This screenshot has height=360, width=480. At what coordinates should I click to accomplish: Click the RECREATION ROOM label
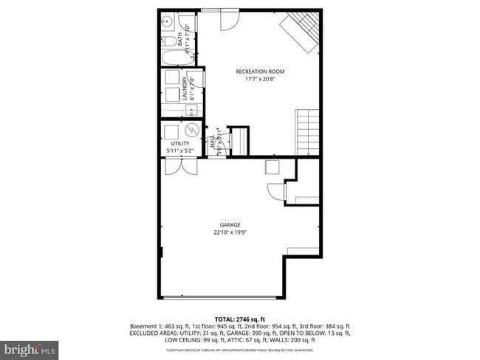[260, 72]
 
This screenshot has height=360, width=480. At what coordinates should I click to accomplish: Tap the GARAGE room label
[230, 225]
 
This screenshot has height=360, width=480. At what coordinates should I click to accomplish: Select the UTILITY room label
[180, 143]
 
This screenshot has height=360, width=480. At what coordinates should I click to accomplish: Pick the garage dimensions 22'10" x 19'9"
[230, 232]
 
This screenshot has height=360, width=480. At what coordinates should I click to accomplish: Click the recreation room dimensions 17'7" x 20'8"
[260, 79]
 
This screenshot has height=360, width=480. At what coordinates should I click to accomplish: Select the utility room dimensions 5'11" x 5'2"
[180, 151]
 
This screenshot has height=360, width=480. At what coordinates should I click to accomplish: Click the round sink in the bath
[166, 21]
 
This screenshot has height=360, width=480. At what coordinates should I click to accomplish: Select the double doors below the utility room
[180, 167]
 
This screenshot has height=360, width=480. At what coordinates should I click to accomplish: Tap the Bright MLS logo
[30, 347]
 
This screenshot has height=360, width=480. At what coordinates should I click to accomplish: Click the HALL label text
[212, 142]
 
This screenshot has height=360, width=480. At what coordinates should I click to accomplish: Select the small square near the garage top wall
[272, 167]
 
